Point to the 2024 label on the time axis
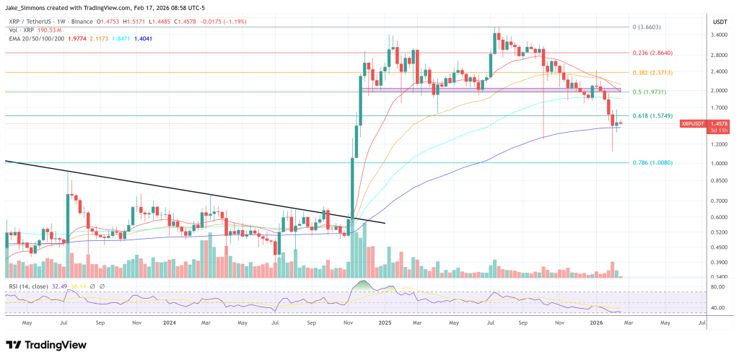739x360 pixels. click(171, 324)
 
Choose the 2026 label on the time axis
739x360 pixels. click(595, 324)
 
